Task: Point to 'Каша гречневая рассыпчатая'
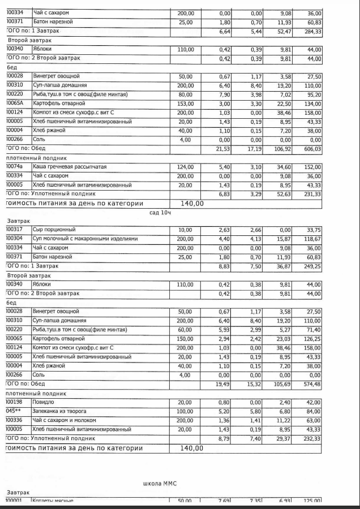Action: tap(70, 167)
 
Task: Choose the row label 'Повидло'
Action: tap(44, 402)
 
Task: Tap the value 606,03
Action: tap(312, 149)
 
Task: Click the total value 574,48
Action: tap(312, 384)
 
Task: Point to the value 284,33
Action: tap(312, 31)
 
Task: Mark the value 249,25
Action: tap(312, 266)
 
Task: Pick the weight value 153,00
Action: tap(185, 103)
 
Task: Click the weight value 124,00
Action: tap(185, 167)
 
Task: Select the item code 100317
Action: tap(15, 230)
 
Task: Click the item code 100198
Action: tap(15, 402)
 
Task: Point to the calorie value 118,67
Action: tap(312, 239)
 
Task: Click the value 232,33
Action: tap(312, 438)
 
